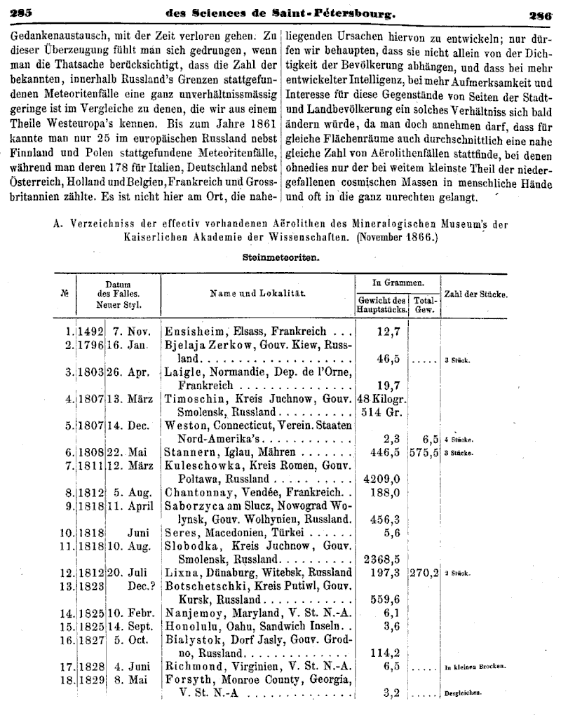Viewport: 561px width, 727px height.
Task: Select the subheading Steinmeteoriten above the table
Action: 280,257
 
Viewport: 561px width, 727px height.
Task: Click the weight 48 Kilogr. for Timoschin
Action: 381,399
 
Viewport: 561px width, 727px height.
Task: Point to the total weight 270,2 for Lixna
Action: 425,573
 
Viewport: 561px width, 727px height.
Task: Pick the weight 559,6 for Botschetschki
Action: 384,600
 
